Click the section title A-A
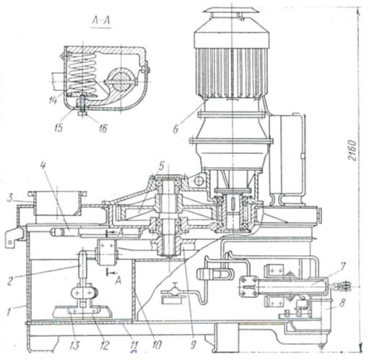[x=101, y=21]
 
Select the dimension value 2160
[x=352, y=150]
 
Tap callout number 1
[x=9, y=313]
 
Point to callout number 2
[x=10, y=280]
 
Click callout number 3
[x=9, y=198]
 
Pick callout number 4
[x=43, y=166]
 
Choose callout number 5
[x=161, y=166]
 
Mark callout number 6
[x=175, y=129]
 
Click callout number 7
[x=342, y=266]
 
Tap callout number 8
[x=343, y=303]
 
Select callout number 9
[x=193, y=345]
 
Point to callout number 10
[x=157, y=346]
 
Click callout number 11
[x=134, y=346]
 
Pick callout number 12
[x=104, y=346]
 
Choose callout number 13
[x=74, y=346]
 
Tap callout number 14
[x=53, y=100]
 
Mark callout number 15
[x=58, y=128]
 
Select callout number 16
[x=103, y=128]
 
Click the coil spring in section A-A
[x=82, y=74]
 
